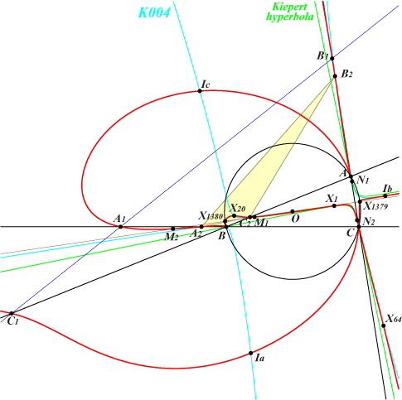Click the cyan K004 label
click(154, 12)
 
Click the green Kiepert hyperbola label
click(290, 12)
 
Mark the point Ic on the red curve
click(200, 91)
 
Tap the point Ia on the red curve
click(251, 353)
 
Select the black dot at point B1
click(332, 58)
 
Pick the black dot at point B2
click(335, 76)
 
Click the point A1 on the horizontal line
click(120, 227)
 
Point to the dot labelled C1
click(12, 313)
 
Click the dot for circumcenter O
click(293, 212)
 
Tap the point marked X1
click(334, 205)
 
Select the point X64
click(384, 325)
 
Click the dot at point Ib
click(385, 196)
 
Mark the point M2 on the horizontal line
click(173, 229)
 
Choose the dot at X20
click(235, 215)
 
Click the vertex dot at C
click(359, 227)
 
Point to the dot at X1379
click(360, 201)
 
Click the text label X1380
click(211, 215)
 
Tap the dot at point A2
click(201, 227)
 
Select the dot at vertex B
click(226, 227)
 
